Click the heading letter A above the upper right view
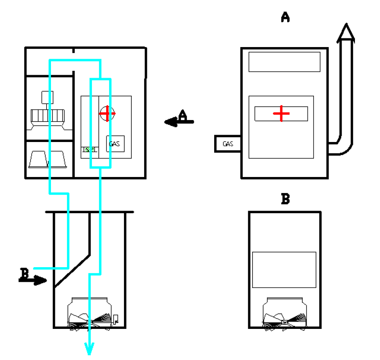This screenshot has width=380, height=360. point(285,17)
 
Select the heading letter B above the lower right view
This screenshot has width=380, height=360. point(285,199)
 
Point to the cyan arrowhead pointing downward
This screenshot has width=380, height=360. point(89,348)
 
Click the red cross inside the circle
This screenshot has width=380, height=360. point(107,114)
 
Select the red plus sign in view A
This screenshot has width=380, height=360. point(281,114)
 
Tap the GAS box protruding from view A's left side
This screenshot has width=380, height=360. point(228,144)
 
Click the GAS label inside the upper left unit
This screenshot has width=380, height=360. point(115,143)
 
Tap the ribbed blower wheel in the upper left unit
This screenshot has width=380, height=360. point(47,115)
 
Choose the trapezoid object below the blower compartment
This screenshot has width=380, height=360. point(47,159)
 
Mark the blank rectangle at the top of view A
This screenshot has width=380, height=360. point(284,62)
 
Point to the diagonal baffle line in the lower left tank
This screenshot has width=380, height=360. point(73,270)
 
